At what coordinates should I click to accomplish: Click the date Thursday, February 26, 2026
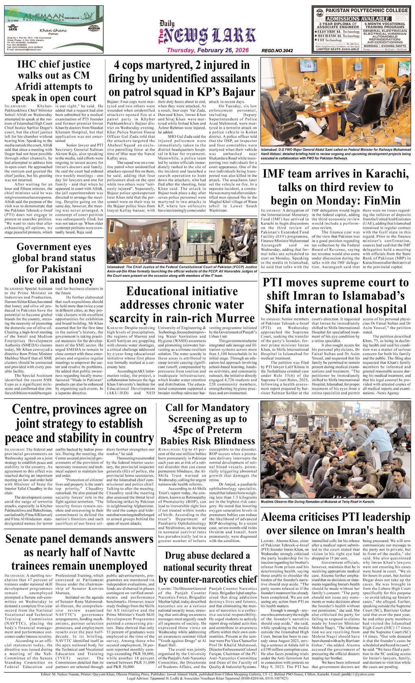point(207,50)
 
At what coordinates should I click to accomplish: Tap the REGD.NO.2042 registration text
point(277,51)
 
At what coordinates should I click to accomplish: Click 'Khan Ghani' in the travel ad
point(53,30)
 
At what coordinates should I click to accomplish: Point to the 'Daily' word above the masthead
point(167,24)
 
